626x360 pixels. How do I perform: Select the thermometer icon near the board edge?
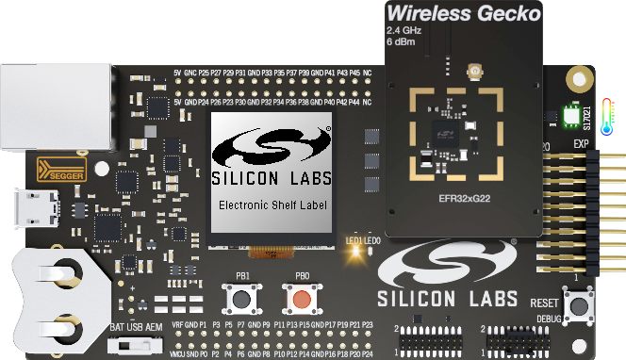(x=605, y=114)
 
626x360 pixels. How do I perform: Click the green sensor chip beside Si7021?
(x=570, y=116)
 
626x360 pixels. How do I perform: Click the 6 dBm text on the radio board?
(x=403, y=41)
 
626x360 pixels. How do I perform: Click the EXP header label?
(x=581, y=144)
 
